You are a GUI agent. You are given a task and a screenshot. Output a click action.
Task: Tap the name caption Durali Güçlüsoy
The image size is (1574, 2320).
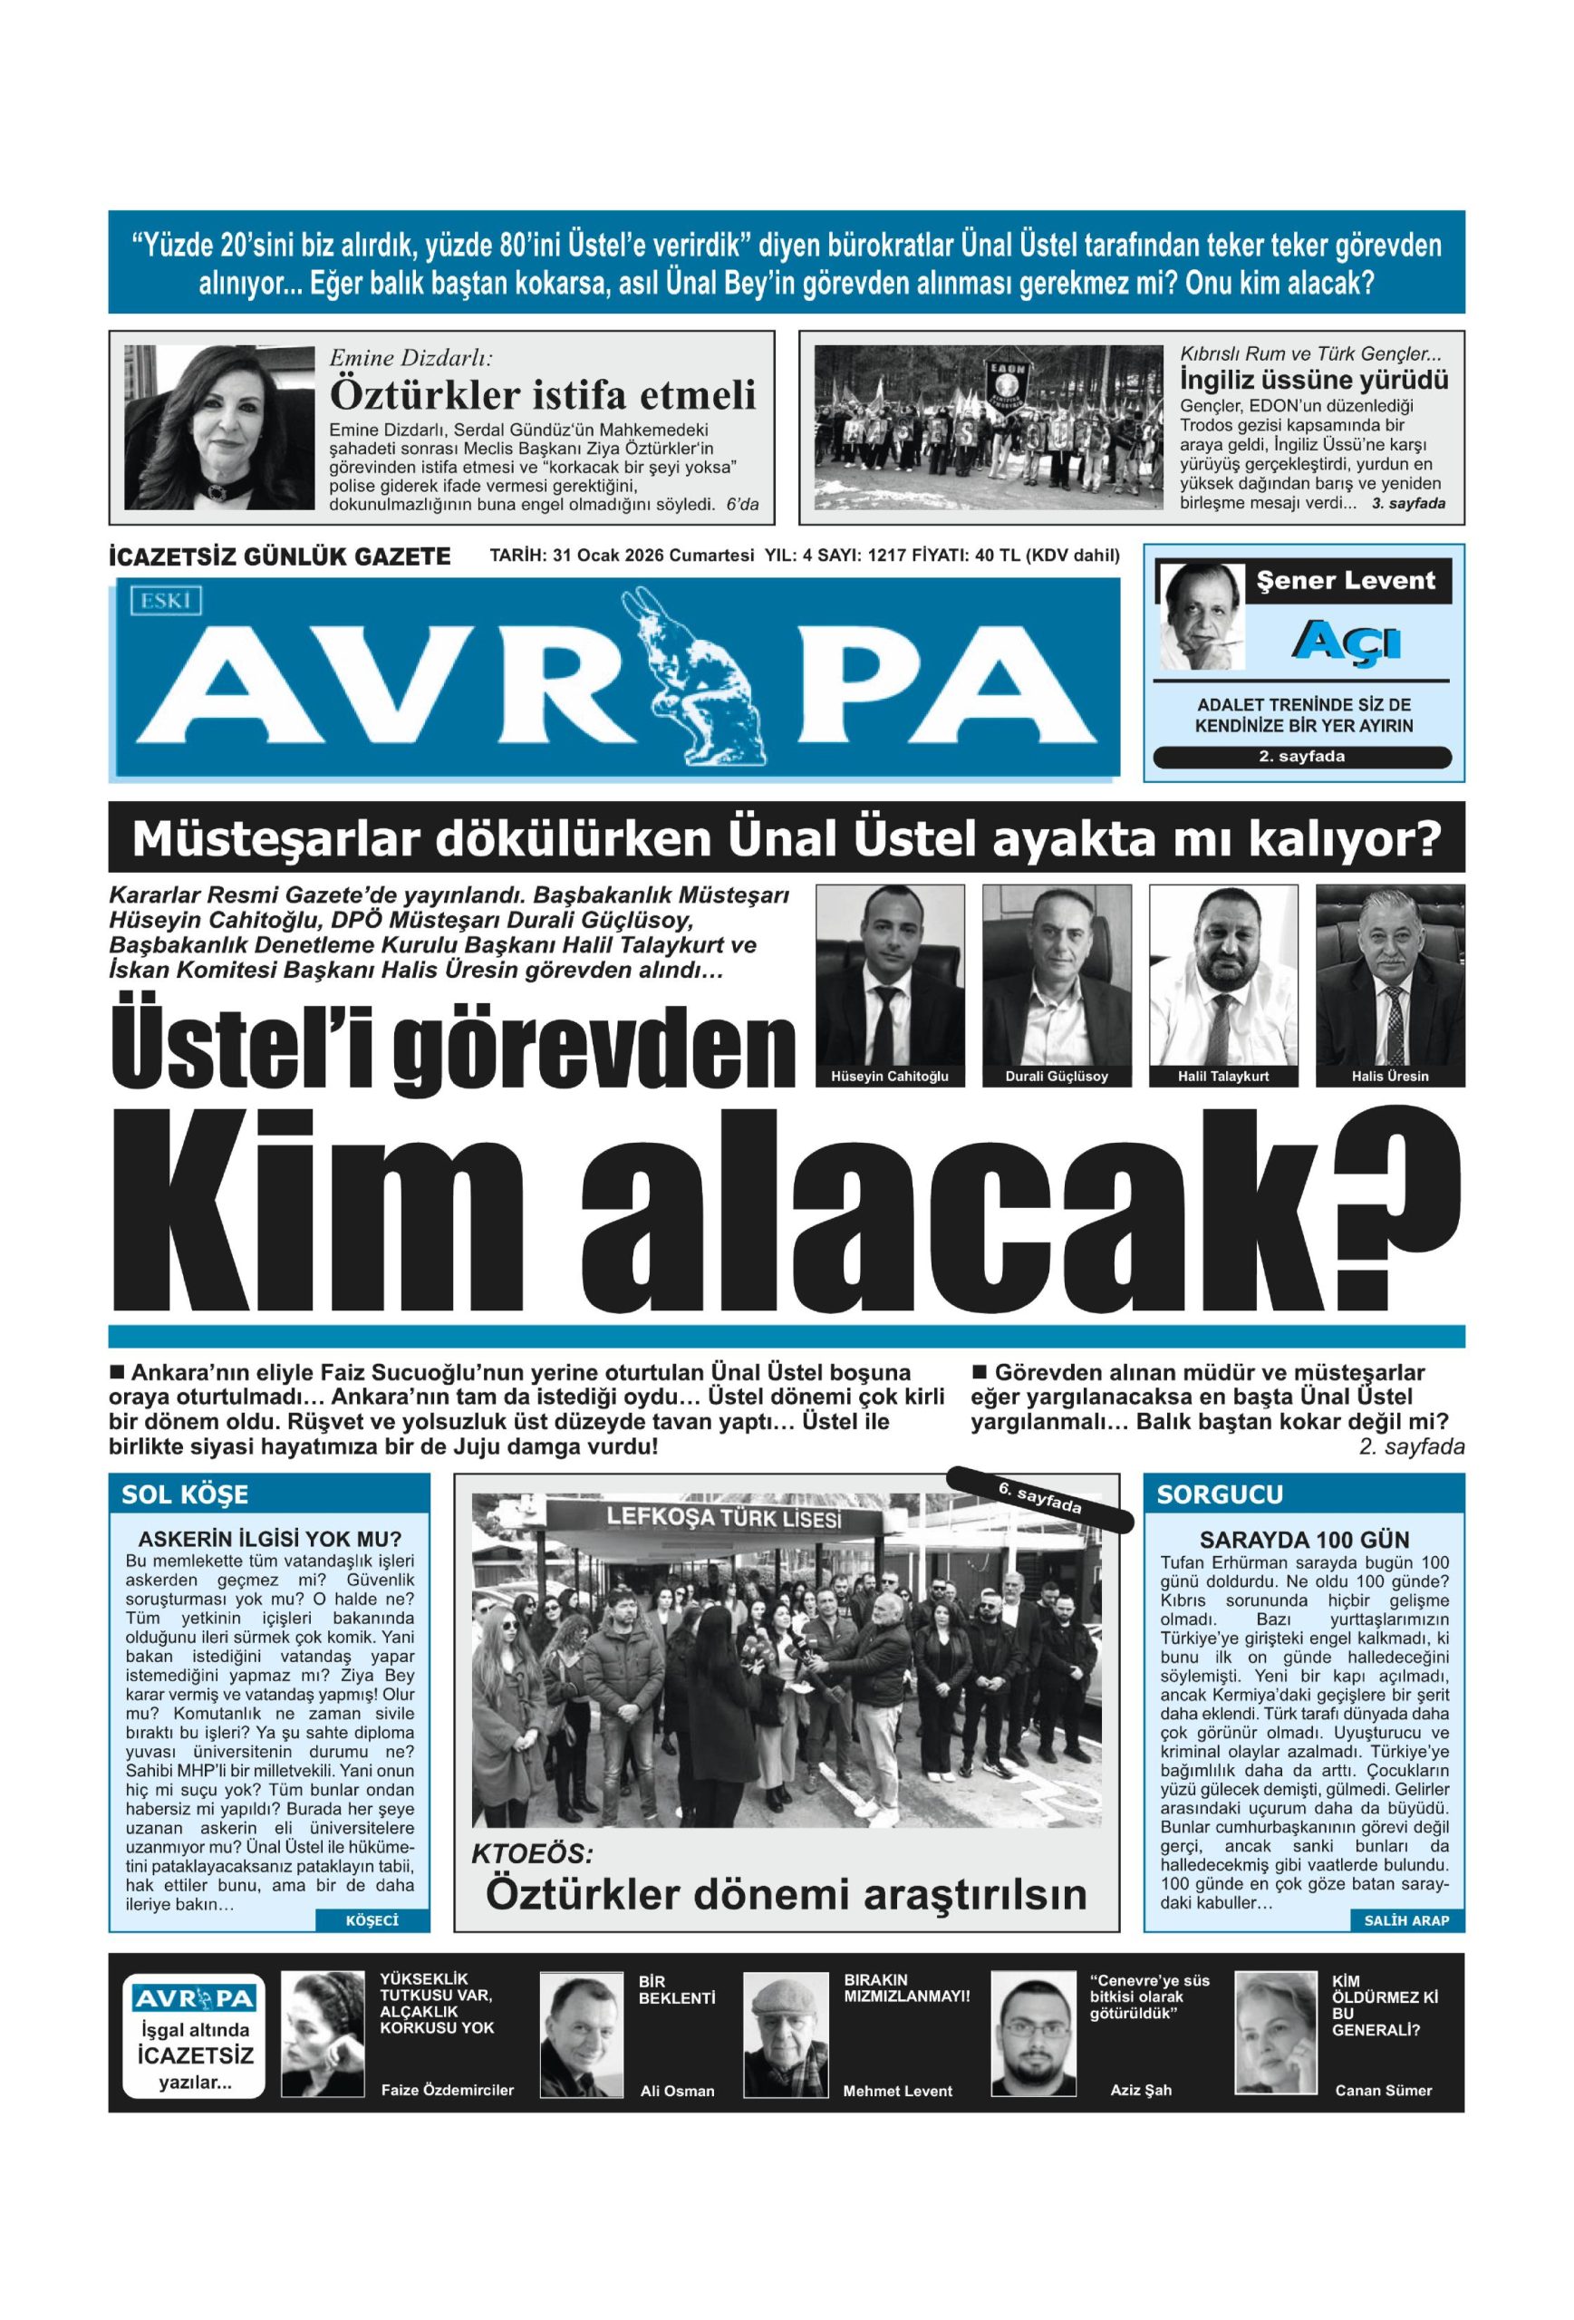click(x=1056, y=1076)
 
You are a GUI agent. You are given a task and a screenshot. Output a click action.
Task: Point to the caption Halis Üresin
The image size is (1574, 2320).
click(x=1389, y=1076)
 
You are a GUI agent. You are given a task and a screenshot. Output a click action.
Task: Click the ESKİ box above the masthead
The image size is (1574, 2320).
click(x=165, y=599)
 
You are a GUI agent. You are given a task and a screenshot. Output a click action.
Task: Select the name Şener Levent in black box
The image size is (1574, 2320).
click(x=1347, y=581)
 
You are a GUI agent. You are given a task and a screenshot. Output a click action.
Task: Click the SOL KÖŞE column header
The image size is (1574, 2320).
click(x=185, y=1494)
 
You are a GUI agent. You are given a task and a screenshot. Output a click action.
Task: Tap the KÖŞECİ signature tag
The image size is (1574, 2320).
click(x=372, y=1919)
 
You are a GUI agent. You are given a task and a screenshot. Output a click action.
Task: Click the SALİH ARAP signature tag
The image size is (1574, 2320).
click(x=1405, y=1919)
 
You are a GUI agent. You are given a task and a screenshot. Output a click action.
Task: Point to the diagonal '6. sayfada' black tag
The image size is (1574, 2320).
click(x=1039, y=1500)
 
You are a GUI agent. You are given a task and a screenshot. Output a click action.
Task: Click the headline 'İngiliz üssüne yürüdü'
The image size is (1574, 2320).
click(x=1314, y=381)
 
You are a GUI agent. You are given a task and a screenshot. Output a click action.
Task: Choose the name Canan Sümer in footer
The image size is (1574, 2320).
click(x=1383, y=2090)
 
